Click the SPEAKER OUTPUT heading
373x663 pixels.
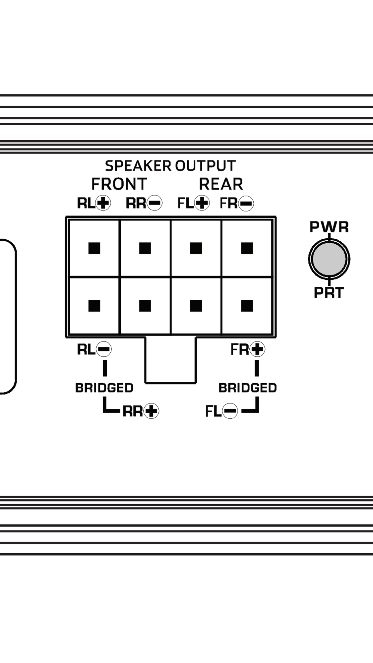point(170,166)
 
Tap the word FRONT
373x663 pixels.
point(119,184)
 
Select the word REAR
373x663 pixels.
point(221,184)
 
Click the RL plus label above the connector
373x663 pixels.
point(94,203)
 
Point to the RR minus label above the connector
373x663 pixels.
point(144,203)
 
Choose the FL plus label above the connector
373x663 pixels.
point(193,203)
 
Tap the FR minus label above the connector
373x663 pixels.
point(237,203)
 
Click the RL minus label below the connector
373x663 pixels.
point(94,349)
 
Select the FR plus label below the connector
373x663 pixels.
point(248,349)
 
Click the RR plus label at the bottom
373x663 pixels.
point(141,411)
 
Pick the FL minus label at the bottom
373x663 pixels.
point(221,411)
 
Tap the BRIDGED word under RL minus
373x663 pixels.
point(104,388)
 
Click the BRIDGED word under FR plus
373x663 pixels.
point(248,388)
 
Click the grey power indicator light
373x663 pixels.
point(329,259)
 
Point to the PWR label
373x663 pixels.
point(329,227)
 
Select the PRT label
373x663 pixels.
point(329,293)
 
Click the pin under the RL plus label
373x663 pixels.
point(94,248)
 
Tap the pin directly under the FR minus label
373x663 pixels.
point(247,248)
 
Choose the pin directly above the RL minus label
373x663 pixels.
point(94,306)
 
